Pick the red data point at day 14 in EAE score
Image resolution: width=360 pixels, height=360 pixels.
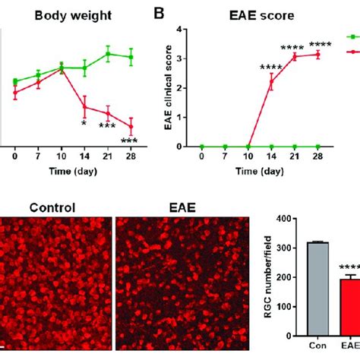click(x=271, y=82)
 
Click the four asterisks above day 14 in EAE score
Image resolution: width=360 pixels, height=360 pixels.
click(x=270, y=67)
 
